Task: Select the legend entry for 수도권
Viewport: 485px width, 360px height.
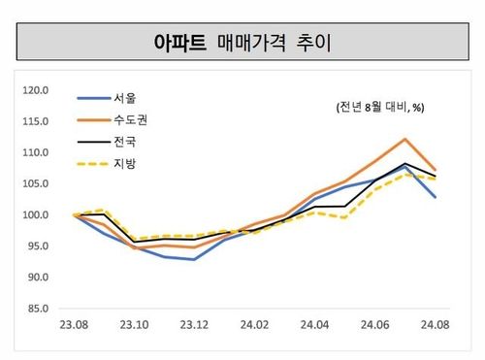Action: [x=130, y=120]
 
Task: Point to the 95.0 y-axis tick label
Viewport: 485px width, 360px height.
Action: [x=38, y=245]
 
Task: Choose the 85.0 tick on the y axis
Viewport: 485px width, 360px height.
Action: [x=38, y=309]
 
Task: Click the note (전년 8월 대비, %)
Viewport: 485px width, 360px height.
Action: [x=379, y=107]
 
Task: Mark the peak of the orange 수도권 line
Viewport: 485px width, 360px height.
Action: [x=404, y=139]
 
